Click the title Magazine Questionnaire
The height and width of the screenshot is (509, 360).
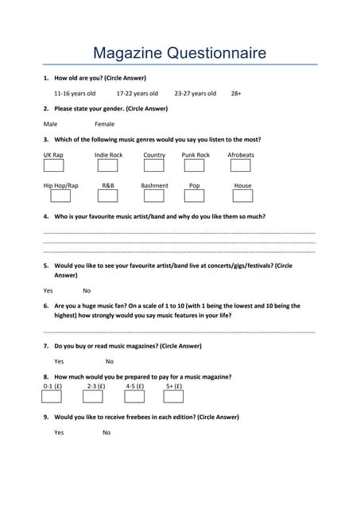click(x=180, y=53)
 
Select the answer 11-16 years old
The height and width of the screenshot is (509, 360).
click(x=75, y=93)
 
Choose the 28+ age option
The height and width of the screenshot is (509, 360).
click(x=236, y=93)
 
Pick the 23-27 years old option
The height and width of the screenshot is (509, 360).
click(x=195, y=93)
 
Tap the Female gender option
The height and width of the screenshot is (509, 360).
click(x=104, y=124)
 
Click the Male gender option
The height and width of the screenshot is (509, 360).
click(x=50, y=124)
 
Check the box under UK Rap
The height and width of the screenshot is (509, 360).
click(x=53, y=166)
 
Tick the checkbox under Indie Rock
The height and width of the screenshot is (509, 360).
click(x=107, y=166)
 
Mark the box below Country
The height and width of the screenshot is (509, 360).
click(x=154, y=166)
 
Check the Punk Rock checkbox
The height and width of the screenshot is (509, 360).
click(x=195, y=166)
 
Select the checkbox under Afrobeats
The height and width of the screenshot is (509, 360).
click(x=240, y=166)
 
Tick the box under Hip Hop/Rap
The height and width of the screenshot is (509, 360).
click(x=53, y=196)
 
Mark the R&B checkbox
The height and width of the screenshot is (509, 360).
click(x=107, y=196)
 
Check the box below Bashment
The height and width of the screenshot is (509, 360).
click(x=154, y=196)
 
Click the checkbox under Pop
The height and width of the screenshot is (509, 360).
click(x=195, y=196)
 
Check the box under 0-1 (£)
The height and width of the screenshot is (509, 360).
click(x=53, y=396)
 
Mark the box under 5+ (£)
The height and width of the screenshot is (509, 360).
click(x=174, y=396)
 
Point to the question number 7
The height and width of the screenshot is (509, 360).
click(x=46, y=346)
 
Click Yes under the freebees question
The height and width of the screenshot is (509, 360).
click(x=59, y=433)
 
